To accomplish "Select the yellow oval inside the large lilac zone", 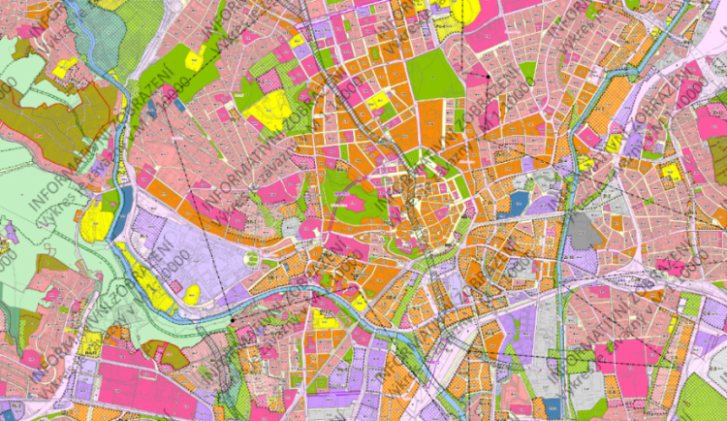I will coord(192,293).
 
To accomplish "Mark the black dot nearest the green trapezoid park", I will coord(490,76).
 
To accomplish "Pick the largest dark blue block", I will coord(520,202).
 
